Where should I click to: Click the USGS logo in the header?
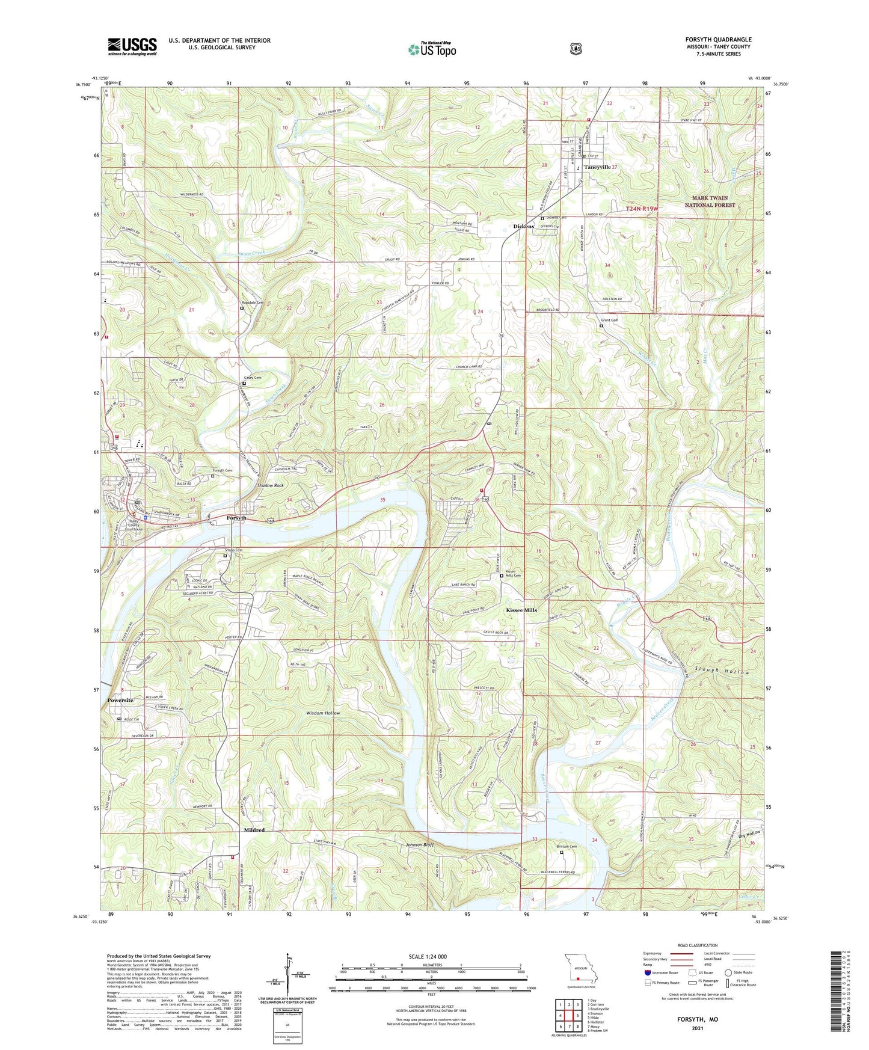point(132,46)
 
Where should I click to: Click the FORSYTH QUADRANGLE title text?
point(718,40)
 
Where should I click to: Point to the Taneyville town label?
point(597,167)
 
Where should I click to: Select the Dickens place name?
point(523,227)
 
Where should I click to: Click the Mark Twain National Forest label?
point(710,201)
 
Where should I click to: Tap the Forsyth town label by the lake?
point(236,518)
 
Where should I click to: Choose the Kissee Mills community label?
point(521,610)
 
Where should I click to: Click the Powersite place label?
point(120,701)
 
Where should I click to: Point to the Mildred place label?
point(254,830)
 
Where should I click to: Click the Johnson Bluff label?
point(419,845)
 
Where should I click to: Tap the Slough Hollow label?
point(722,671)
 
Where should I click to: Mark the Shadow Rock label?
point(270,485)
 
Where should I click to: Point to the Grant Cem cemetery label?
point(609,321)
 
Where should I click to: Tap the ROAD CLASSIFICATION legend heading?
point(696,946)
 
